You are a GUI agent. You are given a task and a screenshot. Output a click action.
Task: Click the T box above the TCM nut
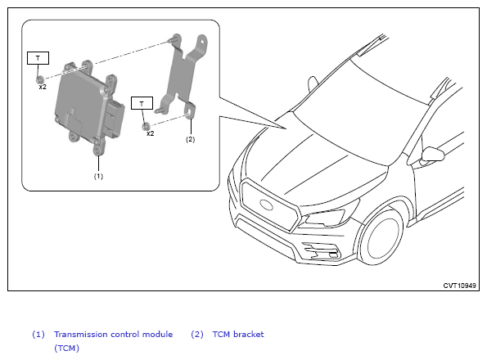tap(38, 58)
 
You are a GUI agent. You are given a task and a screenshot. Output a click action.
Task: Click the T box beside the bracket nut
tap(142, 103)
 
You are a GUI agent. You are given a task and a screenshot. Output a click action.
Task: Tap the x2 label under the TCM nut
tap(43, 87)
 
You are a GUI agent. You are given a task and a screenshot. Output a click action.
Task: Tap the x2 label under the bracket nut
tap(151, 133)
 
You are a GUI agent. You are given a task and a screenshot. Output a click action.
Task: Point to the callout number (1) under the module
tap(98, 176)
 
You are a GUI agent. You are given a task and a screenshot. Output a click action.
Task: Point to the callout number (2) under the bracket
tap(191, 139)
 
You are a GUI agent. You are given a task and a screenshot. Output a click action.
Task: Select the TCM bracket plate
tap(183, 74)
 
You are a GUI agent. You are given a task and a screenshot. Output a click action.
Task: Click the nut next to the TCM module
tap(40, 79)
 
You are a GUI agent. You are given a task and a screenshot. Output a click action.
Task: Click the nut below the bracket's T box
tap(146, 126)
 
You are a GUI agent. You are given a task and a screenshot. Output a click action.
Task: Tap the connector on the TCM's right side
tap(115, 118)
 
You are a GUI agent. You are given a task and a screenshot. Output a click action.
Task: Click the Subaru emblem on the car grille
tap(266, 205)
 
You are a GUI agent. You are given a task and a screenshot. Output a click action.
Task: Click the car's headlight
tap(325, 218)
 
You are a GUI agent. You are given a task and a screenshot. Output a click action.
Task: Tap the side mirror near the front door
tap(433, 154)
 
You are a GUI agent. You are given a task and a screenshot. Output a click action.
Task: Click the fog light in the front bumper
tap(322, 250)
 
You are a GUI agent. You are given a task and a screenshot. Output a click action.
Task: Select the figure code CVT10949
tap(459, 286)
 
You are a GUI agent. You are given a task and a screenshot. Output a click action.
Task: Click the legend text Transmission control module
tap(114, 335)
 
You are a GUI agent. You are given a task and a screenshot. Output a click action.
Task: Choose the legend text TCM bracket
tap(238, 335)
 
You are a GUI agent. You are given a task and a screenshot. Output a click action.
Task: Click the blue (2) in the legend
tap(197, 335)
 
